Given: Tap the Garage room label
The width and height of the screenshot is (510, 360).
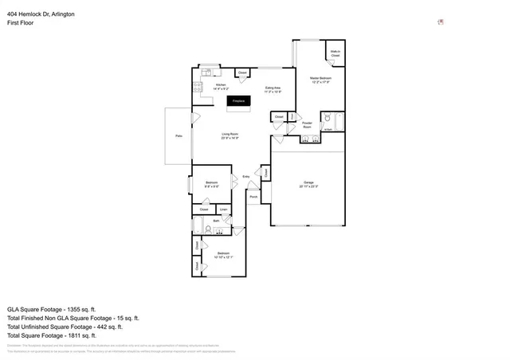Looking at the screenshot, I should pyautogui.click(x=308, y=184).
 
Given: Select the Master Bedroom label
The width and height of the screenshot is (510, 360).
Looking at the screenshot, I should pyautogui.click(x=320, y=79).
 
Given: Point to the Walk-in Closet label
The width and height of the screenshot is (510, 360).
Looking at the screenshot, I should pyautogui.click(x=335, y=53).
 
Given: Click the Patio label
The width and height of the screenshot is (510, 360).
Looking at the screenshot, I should pyautogui.click(x=178, y=136).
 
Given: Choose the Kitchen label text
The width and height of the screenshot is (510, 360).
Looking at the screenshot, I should pyautogui.click(x=221, y=86).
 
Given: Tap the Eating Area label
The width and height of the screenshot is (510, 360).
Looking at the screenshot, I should pyautogui.click(x=272, y=89).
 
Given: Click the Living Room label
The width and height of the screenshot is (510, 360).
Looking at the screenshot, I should pyautogui.click(x=231, y=136).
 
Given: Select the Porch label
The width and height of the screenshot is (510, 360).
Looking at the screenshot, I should pyautogui.click(x=253, y=196).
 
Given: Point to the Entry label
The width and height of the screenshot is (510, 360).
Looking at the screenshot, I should pyautogui.click(x=246, y=176).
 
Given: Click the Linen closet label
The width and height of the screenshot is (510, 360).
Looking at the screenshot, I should pyautogui.click(x=224, y=209).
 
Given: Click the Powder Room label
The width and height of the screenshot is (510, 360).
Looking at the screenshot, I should pyautogui.click(x=307, y=125).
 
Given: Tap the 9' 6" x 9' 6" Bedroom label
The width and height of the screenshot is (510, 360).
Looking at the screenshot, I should pyautogui.click(x=211, y=184).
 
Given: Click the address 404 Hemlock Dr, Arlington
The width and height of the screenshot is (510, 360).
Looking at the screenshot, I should pyautogui.click(x=41, y=14).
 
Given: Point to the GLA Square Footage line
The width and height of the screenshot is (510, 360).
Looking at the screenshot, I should pyautogui.click(x=51, y=308).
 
